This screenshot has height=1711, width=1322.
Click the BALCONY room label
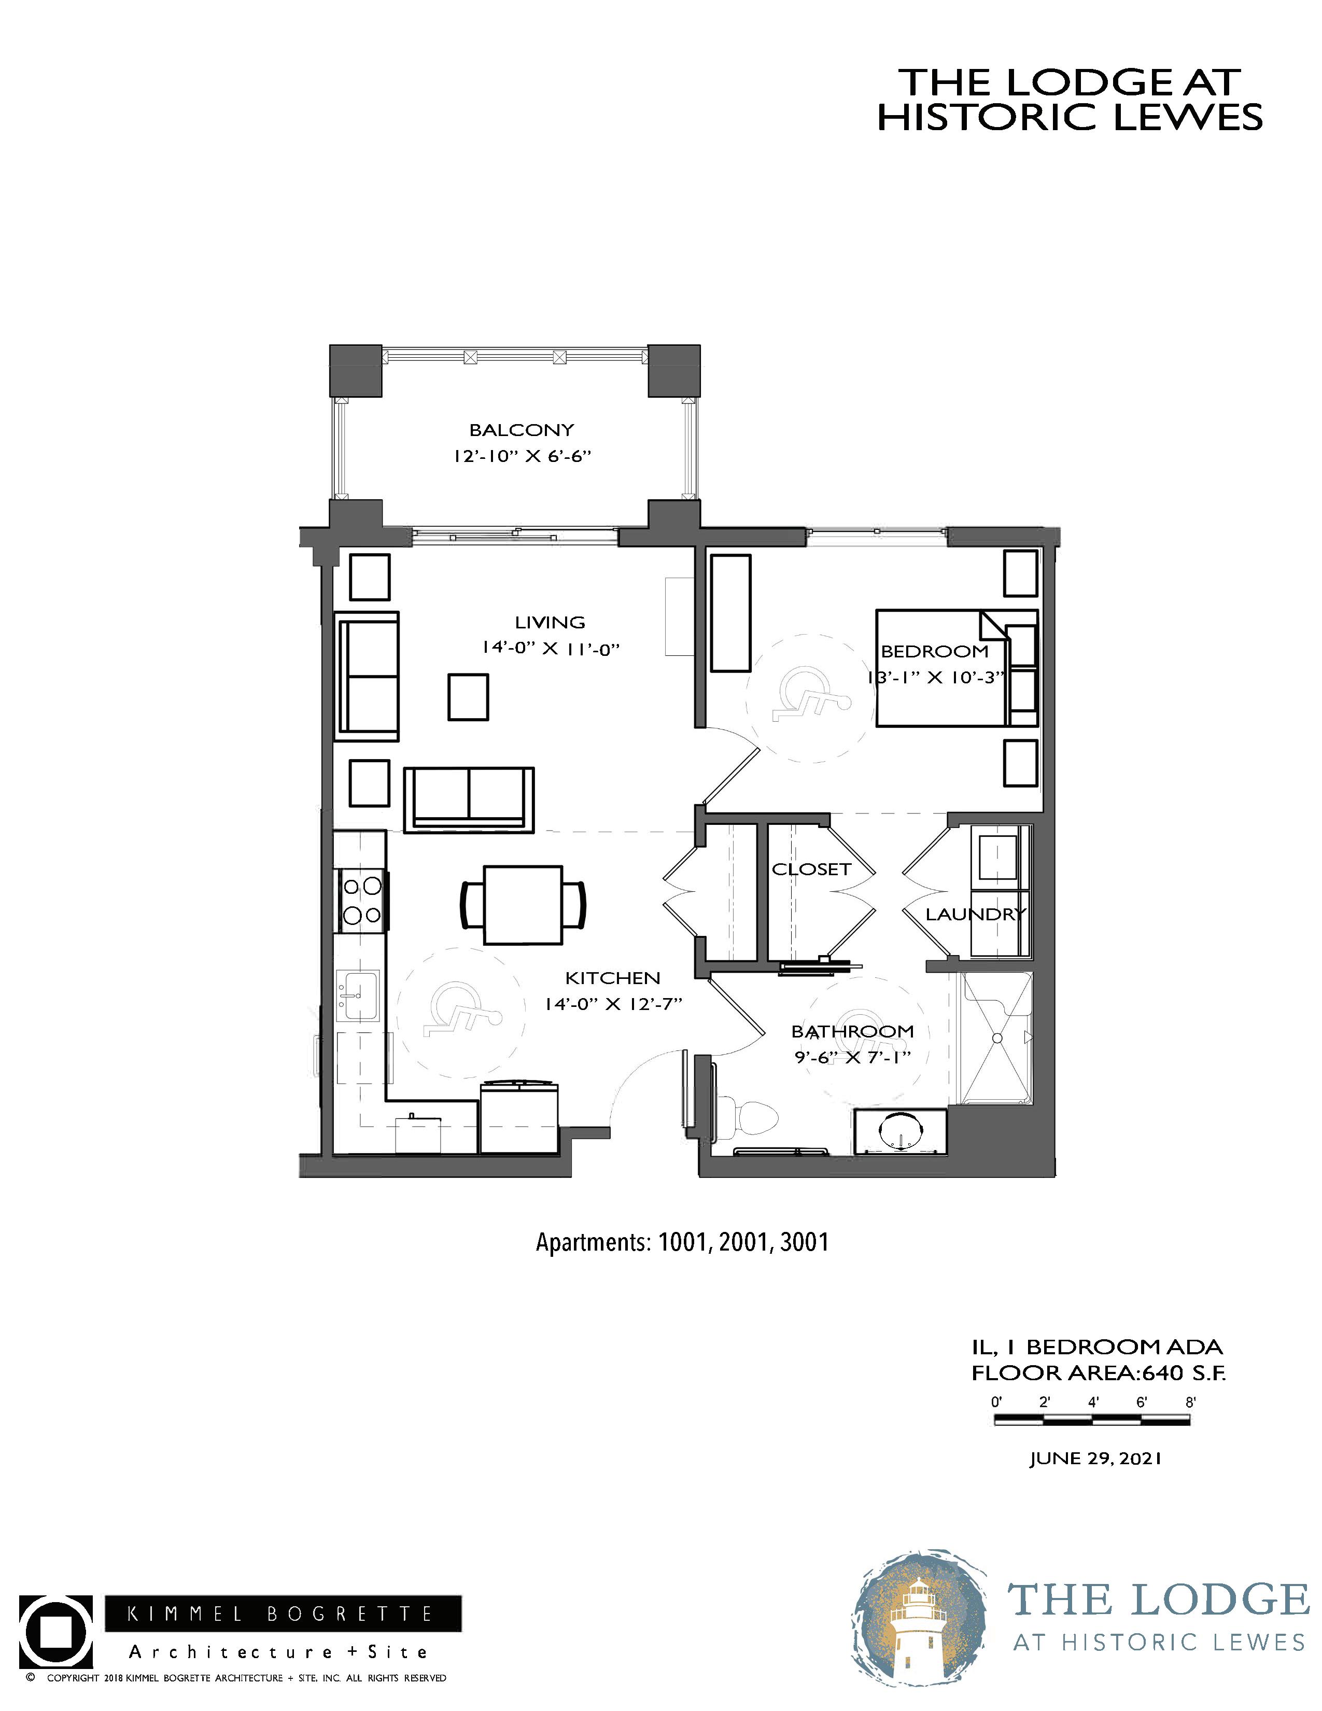click(x=522, y=430)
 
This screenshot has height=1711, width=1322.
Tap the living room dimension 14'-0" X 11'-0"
click(x=551, y=649)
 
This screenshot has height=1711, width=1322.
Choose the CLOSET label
click(x=811, y=869)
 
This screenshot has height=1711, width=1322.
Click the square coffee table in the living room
click(x=468, y=696)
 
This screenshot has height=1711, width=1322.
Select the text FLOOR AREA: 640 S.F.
click(x=1098, y=1372)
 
